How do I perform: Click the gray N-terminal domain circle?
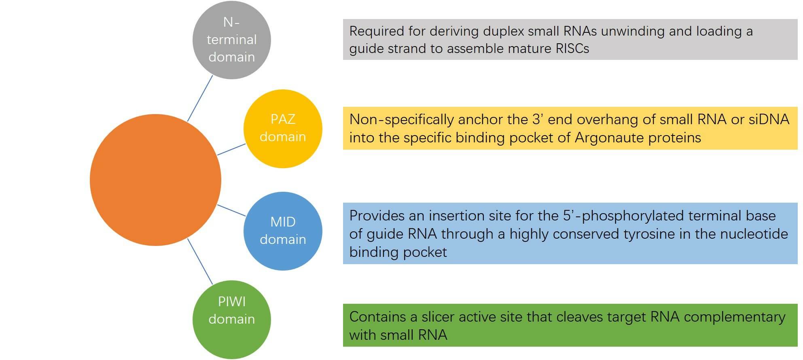231,40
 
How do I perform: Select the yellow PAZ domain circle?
283,128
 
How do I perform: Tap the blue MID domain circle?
283,231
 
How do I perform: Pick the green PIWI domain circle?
231,320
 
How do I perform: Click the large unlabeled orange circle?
155,180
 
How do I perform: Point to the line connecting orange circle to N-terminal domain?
200,98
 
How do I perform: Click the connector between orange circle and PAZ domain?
231,149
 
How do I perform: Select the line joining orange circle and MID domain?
231,210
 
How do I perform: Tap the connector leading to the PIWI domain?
200,261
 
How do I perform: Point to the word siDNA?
769,120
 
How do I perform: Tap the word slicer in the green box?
439,317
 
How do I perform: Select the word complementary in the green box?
734,317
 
